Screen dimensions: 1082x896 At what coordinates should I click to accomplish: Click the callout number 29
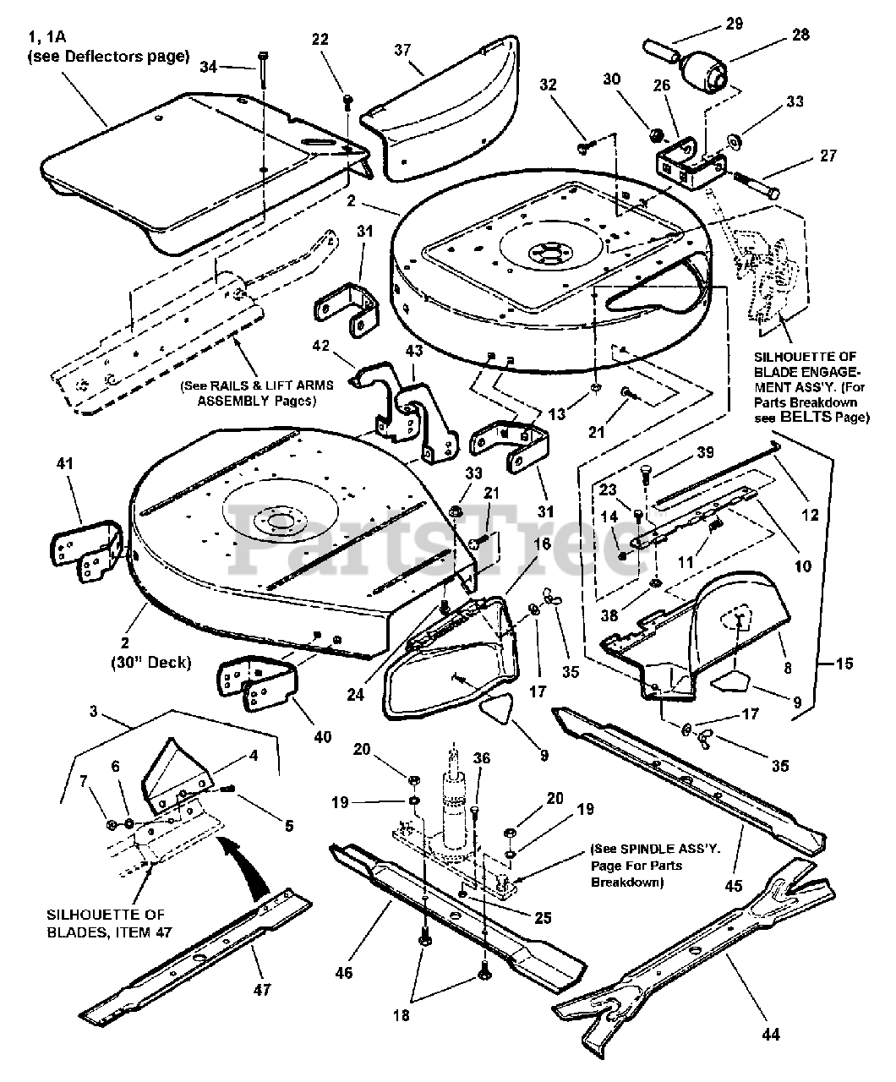point(734,24)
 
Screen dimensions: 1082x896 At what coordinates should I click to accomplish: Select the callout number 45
point(733,885)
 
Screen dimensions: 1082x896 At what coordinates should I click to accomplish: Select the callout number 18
point(402,1014)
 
